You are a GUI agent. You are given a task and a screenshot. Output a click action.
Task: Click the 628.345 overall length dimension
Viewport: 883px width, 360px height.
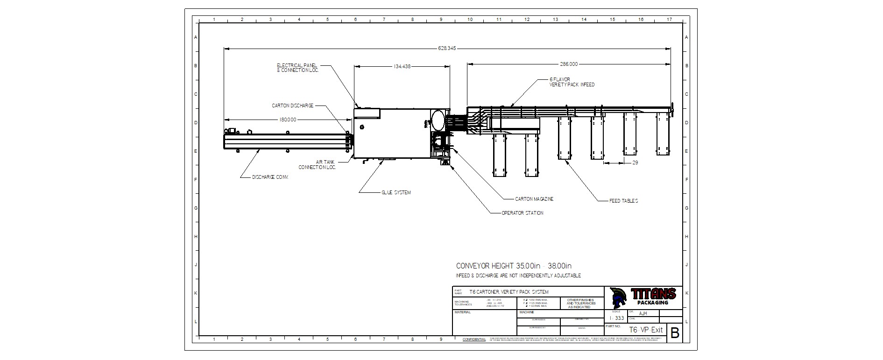coord(447,48)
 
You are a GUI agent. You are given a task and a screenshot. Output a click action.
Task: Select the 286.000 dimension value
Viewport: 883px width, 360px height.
coord(569,64)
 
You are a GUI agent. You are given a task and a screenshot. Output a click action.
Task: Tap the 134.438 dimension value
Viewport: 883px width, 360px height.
coord(402,66)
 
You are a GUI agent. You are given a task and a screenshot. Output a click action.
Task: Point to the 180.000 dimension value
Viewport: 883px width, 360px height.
coord(288,120)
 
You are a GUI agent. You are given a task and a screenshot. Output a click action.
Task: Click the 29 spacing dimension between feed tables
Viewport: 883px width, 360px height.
coord(635,162)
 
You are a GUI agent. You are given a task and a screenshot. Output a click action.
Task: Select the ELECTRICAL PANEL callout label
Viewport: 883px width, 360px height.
coord(297,68)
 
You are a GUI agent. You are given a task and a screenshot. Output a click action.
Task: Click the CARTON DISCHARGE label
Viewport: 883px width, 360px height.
coord(293,106)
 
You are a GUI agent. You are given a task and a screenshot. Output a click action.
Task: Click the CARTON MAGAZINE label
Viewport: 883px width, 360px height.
coord(534,199)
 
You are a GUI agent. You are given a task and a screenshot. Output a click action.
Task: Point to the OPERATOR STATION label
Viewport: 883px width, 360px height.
coord(522,213)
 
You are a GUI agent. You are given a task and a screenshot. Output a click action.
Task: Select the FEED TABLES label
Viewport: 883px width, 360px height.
coord(623,201)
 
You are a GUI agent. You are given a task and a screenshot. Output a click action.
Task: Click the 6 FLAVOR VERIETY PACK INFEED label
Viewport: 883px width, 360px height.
coord(572,82)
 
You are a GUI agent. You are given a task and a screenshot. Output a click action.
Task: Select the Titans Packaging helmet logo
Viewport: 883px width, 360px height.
coord(619,297)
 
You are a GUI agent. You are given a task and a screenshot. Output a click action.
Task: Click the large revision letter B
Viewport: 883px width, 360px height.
coord(675,333)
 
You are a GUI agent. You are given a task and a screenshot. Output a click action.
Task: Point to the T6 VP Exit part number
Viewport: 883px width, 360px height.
coord(645,330)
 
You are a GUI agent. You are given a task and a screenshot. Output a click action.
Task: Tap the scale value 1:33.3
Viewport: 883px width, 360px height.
coord(616,318)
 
